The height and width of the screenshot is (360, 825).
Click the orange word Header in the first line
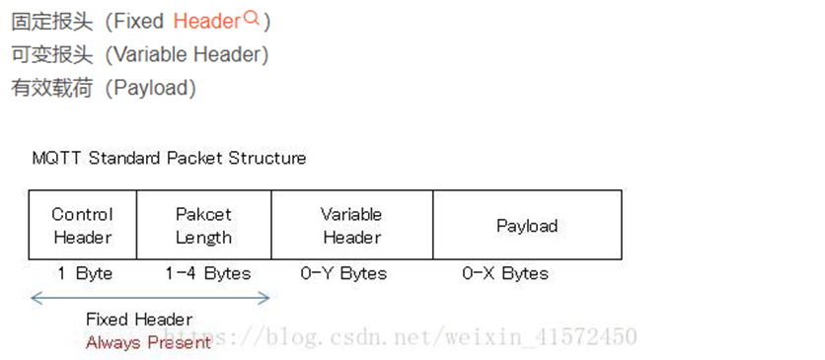point(206,21)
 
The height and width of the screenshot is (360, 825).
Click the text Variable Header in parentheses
point(187,54)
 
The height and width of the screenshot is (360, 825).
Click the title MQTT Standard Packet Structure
point(169,158)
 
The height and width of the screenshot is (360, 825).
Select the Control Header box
point(82,226)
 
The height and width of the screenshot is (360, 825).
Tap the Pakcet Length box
point(203,226)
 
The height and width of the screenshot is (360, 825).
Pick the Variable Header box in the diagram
point(351,226)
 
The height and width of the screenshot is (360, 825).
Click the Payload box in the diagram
point(527,226)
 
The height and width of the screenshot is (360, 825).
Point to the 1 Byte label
point(84,273)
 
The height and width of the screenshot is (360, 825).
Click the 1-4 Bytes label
point(207,273)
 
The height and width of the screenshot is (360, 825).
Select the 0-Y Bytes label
point(343,273)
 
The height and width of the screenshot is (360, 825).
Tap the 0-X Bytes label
point(505,273)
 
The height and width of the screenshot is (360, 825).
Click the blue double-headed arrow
point(150,296)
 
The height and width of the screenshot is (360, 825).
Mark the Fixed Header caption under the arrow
point(139,319)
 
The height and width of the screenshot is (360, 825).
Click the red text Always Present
point(148,342)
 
